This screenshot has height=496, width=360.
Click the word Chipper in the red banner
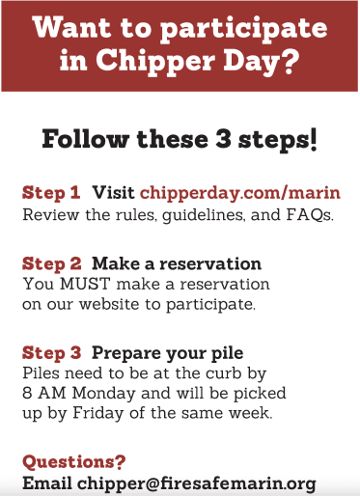click(155, 62)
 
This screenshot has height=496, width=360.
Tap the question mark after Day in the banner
click(288, 60)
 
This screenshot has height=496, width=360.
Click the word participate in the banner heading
click(243, 30)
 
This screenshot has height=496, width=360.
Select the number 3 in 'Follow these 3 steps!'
click(223, 139)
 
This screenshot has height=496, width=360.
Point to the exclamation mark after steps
click(314, 139)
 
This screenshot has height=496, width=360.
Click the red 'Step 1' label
click(51, 192)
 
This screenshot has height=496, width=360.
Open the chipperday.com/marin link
click(240, 193)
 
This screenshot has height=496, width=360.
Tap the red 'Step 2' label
click(52, 263)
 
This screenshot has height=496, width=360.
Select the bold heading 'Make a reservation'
click(177, 263)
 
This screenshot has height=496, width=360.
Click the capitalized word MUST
click(85, 284)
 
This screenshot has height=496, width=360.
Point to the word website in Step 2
click(109, 304)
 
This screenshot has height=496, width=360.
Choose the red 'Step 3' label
click(52, 352)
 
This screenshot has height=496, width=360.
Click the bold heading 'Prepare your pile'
click(168, 353)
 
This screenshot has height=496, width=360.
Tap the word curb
click(224, 372)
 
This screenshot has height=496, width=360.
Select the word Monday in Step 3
click(103, 394)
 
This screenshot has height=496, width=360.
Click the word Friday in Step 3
click(98, 413)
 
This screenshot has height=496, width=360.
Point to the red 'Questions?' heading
click(74, 462)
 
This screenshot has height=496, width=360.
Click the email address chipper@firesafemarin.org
click(197, 483)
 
